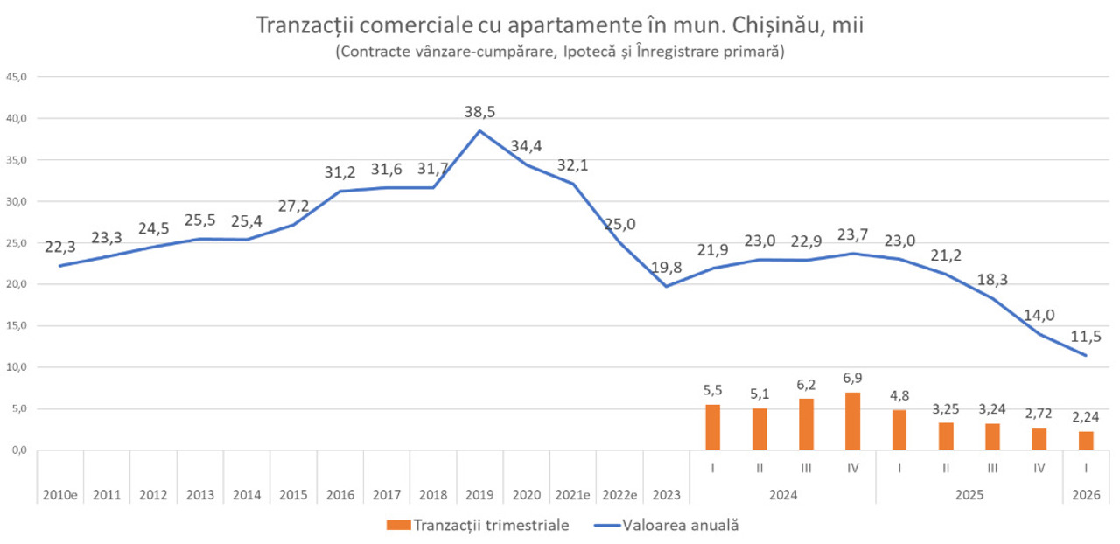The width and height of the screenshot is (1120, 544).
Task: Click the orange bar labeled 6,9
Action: point(853,422)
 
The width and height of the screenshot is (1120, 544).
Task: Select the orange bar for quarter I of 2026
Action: point(1086,441)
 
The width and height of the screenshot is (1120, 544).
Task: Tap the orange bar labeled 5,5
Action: point(713,428)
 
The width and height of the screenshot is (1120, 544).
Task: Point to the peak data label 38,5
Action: point(480,112)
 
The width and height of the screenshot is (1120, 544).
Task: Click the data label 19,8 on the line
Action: point(666,267)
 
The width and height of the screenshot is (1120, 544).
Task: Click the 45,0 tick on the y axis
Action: point(17,77)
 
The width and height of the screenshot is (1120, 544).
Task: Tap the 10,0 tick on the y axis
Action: point(17,367)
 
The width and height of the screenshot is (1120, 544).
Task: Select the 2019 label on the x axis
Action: point(479,495)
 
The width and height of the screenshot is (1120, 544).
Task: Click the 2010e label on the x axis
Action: point(60,495)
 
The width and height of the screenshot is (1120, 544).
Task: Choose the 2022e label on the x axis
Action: point(619,495)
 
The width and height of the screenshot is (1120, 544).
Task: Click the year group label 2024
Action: point(782,495)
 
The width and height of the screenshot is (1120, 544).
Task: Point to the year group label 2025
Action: point(969,495)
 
